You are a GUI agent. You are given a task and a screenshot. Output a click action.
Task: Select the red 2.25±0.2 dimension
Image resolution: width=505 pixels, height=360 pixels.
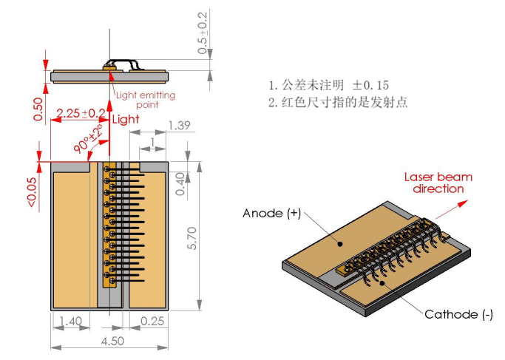[x=81, y=113]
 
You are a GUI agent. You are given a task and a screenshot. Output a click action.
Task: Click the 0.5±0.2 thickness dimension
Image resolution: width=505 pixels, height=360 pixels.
[x=203, y=33]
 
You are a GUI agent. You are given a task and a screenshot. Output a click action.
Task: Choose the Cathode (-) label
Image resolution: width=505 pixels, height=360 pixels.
[x=458, y=314]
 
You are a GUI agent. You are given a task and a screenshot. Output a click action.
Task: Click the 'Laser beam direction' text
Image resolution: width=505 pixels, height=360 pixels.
[x=438, y=183]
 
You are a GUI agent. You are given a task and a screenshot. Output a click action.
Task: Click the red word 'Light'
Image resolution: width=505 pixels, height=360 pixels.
[x=125, y=119]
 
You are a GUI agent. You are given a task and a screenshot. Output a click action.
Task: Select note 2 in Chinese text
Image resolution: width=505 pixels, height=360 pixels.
[x=337, y=103]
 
